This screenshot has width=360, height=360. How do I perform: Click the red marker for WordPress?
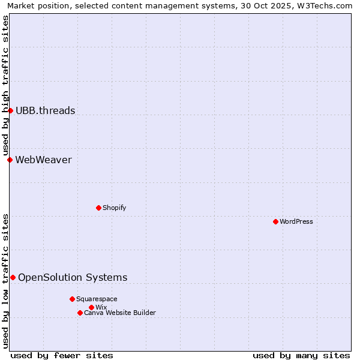[x=275, y=221]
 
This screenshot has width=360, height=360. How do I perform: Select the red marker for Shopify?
[x=98, y=208]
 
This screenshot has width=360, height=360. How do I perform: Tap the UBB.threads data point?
[x=10, y=110]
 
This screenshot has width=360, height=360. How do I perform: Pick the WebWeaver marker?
[x=10, y=160]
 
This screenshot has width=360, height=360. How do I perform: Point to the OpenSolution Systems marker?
[x=13, y=277]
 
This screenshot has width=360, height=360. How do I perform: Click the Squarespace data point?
[x=72, y=299]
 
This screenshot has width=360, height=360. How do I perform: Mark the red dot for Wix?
[x=91, y=307]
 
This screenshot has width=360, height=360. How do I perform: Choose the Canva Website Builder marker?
[x=80, y=313]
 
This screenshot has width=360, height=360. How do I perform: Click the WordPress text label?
[x=296, y=221]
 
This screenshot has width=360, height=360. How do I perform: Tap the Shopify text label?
[x=114, y=208]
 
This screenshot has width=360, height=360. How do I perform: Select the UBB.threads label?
[x=45, y=110]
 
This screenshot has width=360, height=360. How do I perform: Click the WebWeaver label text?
[x=43, y=160]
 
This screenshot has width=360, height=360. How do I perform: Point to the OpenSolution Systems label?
[x=73, y=277]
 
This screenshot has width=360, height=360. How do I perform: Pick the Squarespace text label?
[x=97, y=299]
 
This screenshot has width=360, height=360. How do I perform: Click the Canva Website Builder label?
[x=120, y=313]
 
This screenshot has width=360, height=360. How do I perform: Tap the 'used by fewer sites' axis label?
[x=62, y=355]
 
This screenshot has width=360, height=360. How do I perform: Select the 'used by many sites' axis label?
[x=301, y=355]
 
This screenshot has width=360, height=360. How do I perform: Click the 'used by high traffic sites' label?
[x=5, y=85]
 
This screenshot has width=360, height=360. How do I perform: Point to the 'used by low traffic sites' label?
[x=5, y=280]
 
